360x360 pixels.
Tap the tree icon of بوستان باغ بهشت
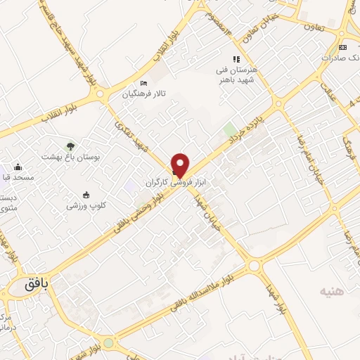(x=70, y=146)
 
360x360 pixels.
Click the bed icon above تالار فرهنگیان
(x=144, y=82)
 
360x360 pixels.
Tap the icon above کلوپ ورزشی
(x=86, y=194)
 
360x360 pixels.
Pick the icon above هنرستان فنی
(x=236, y=60)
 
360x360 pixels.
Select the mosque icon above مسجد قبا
(x=17, y=167)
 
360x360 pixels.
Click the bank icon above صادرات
(x=342, y=47)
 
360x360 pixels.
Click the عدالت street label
(x=326, y=92)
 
